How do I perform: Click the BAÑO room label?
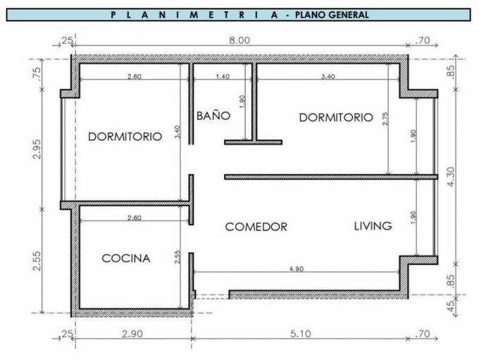click(213, 116)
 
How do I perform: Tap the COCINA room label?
click(126, 259)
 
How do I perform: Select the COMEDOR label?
click(256, 227)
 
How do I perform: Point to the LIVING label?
click(373, 226)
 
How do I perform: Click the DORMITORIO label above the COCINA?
click(125, 137)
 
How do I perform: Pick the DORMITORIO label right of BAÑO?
click(336, 118)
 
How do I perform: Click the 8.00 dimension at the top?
click(240, 40)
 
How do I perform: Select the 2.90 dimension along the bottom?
click(132, 334)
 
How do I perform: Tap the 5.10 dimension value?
click(301, 334)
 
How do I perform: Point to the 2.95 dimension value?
click(37, 149)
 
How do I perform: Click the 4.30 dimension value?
click(450, 176)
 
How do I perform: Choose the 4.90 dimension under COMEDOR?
click(297, 269)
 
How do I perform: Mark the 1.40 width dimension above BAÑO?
click(223, 76)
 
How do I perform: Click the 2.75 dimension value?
click(385, 118)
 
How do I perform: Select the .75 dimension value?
click(37, 73)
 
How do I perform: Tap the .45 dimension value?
click(450, 306)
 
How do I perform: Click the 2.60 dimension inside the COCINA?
click(135, 218)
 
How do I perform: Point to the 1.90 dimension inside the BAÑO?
click(242, 101)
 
